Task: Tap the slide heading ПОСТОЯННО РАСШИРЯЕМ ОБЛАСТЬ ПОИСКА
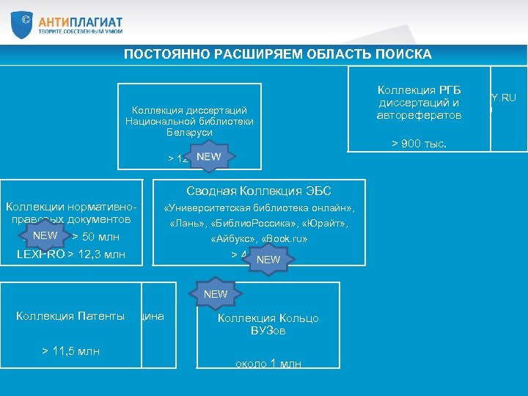pos(277,54)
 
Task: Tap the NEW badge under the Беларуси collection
pos(209,157)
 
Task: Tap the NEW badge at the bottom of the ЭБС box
pos(268,259)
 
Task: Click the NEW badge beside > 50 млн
pos(45,235)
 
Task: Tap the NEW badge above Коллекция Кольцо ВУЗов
pos(216,294)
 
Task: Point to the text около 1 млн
pos(268,364)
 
